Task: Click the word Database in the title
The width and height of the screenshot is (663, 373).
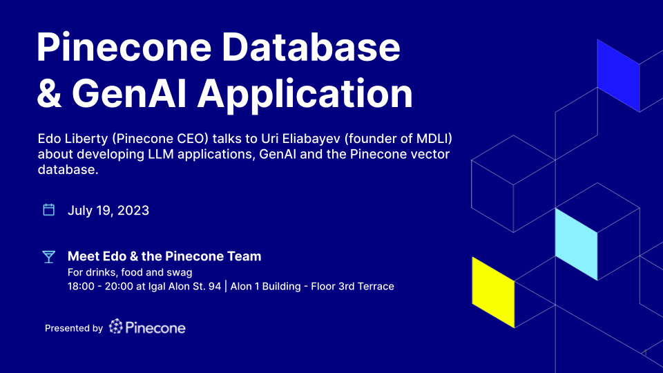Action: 311,47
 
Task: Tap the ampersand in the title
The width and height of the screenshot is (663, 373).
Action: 49,93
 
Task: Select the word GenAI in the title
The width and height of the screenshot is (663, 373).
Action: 129,93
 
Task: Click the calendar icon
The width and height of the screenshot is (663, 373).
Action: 48,210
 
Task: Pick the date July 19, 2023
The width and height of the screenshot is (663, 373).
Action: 108,211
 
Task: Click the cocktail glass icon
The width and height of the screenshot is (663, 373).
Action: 48,257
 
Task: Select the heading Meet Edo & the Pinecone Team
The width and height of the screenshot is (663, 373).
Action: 164,256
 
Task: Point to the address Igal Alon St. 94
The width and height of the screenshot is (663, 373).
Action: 185,286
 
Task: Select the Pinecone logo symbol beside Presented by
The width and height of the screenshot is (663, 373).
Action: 116,327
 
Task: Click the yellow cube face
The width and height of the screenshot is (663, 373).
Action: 493,292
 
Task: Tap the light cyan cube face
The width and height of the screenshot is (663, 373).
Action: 576,244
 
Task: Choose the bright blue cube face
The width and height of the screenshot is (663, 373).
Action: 618,76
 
